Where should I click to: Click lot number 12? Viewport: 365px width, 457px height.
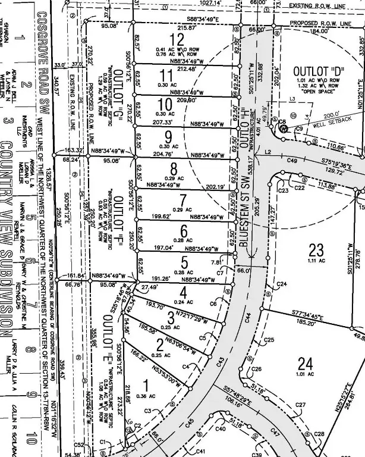tap(177, 40)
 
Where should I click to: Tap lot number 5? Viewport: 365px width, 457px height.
tap(184, 262)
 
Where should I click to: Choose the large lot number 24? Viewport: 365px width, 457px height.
tap(305, 362)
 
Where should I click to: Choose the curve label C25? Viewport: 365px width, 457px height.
tap(269, 340)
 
